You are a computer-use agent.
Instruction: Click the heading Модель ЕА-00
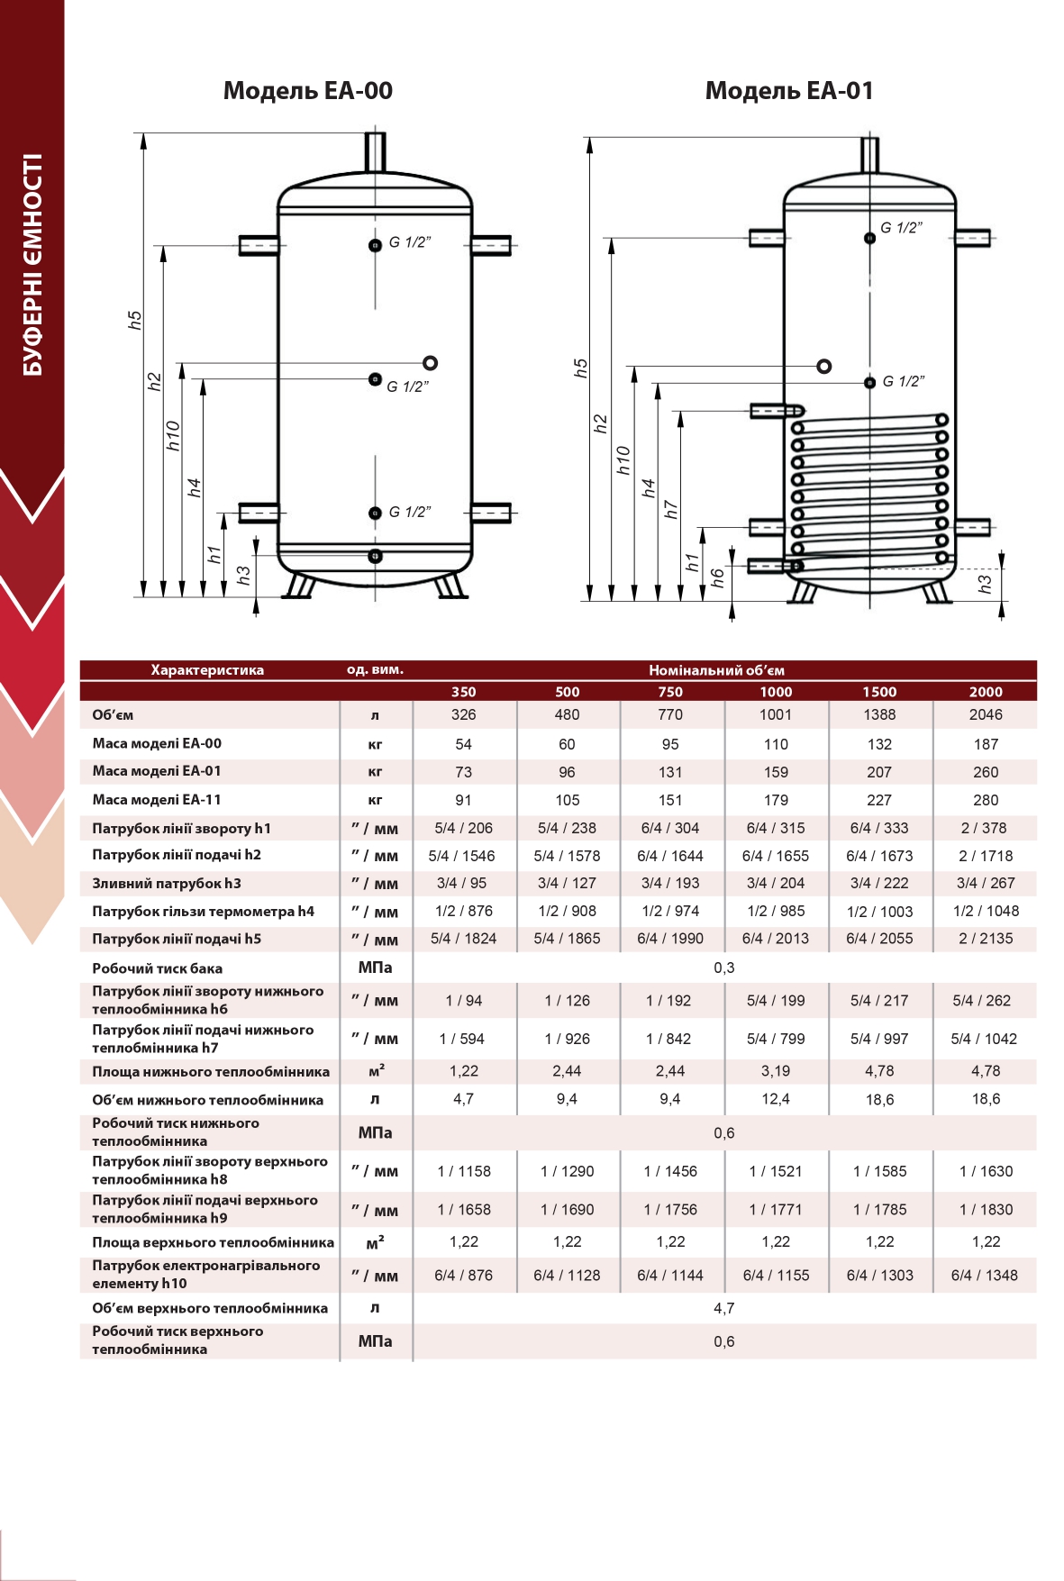coord(307,90)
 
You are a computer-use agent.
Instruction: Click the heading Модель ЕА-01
coord(789,90)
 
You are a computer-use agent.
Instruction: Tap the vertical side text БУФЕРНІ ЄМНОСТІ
coord(32,265)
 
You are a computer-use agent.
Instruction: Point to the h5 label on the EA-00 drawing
coord(135,320)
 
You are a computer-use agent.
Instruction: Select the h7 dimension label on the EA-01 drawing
coord(671,510)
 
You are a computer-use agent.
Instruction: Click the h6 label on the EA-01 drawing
coord(718,577)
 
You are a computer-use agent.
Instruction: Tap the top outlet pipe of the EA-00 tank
coord(375,150)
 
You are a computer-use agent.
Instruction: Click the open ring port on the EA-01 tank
coord(823,367)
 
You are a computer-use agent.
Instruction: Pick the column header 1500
coord(879,692)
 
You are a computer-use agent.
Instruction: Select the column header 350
coord(463,692)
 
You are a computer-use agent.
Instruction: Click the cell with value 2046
coord(986,714)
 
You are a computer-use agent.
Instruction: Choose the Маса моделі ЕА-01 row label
coord(157,771)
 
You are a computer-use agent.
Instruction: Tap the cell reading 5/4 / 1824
coord(463,939)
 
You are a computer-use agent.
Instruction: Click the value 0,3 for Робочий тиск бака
coord(724,968)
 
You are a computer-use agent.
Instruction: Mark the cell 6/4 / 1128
coord(567,1276)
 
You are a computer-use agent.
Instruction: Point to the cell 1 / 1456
coord(670,1171)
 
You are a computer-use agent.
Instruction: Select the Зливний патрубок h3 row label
coord(167,884)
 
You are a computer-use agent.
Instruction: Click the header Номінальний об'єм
coord(716,670)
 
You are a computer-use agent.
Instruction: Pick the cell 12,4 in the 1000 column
coord(776,1099)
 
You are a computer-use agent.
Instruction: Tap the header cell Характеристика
coord(207,670)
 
